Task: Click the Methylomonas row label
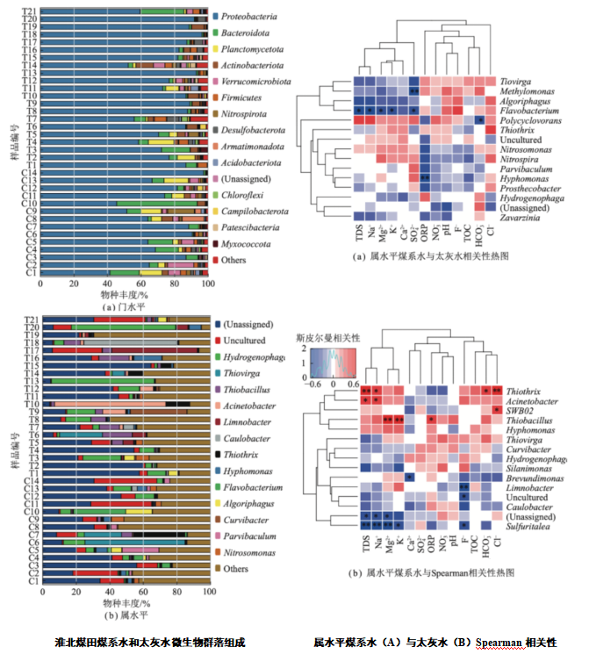coord(524,91)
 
